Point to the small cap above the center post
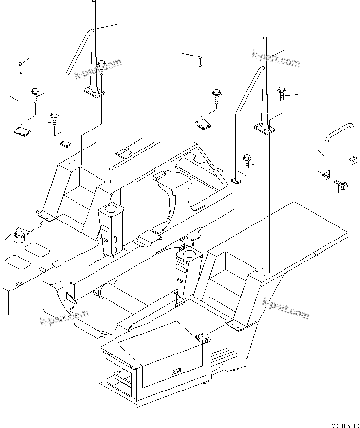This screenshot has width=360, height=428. point(200,57)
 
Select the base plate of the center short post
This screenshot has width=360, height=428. point(203,124)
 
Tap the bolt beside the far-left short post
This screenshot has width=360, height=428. point(35,93)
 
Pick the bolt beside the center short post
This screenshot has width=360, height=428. point(217,94)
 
